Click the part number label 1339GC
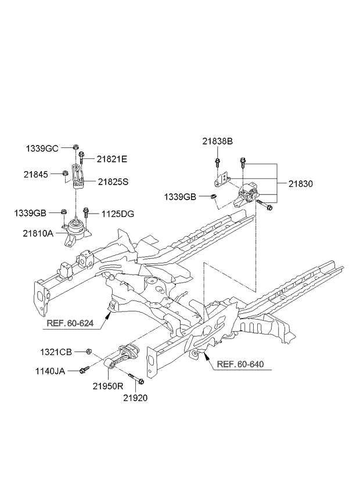(x=41, y=149)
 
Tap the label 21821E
(x=111, y=158)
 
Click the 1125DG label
(x=118, y=214)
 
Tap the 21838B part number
(x=218, y=141)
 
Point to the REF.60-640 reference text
(x=240, y=364)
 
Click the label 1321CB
(x=56, y=352)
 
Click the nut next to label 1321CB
(x=89, y=351)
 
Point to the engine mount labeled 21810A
(x=74, y=233)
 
